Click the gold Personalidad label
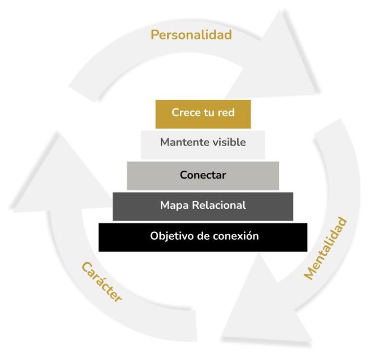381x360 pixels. tap(191, 35)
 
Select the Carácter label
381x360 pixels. tap(101, 282)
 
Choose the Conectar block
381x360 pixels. tap(203, 175)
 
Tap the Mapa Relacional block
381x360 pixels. tap(203, 206)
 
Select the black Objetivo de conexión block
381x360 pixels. tap(203, 237)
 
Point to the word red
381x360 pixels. tap(226, 113)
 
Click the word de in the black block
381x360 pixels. tap(204, 236)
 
